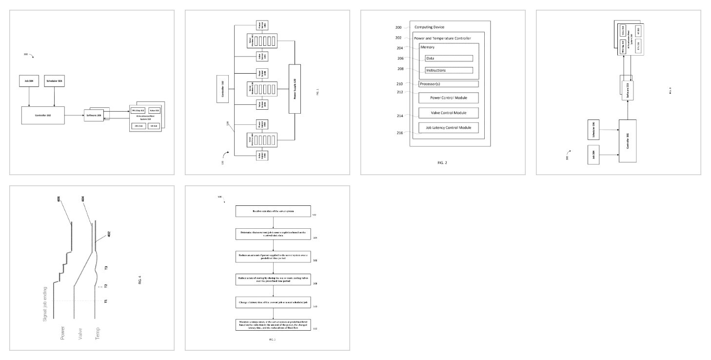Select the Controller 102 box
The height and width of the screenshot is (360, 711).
click(x=223, y=89)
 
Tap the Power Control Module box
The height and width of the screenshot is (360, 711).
click(x=448, y=98)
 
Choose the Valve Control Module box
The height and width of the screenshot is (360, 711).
click(x=448, y=113)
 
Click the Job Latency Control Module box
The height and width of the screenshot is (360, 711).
click(x=448, y=128)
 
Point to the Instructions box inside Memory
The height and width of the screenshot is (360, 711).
click(x=448, y=70)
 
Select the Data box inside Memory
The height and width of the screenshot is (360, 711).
click(x=448, y=58)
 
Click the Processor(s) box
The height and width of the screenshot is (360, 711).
click(x=448, y=84)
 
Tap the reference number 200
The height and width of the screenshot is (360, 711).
click(x=398, y=27)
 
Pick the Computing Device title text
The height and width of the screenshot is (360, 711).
click(x=429, y=27)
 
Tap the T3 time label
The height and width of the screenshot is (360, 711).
click(x=106, y=268)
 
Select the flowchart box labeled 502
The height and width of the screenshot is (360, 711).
click(x=274, y=211)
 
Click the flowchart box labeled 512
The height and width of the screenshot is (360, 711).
click(x=274, y=324)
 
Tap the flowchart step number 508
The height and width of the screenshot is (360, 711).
click(x=315, y=283)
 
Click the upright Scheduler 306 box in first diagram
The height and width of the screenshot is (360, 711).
click(x=54, y=80)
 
